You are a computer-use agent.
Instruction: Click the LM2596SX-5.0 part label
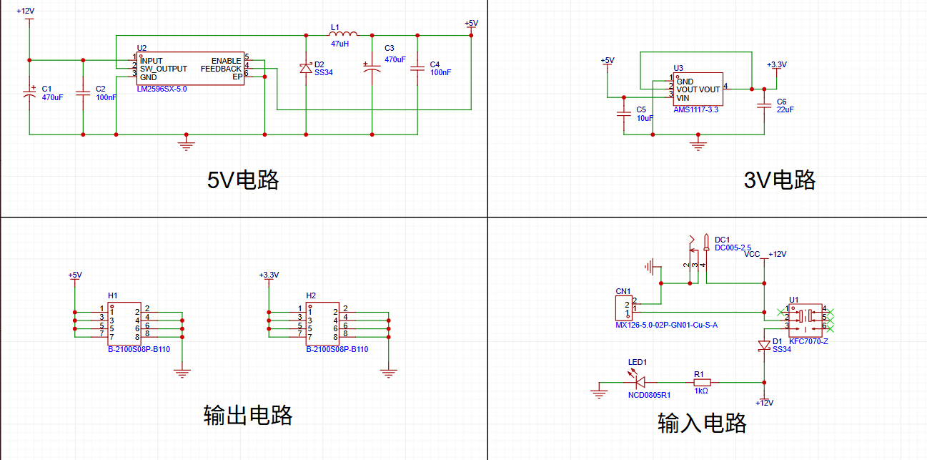162,89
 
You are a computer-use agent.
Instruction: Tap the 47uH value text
339,44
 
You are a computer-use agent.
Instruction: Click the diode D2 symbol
306,68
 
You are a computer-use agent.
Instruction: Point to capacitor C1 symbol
29,92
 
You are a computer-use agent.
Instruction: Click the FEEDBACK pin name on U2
221,69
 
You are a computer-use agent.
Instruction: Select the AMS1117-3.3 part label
695,110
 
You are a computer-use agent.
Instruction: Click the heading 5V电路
243,180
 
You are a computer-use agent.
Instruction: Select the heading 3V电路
779,180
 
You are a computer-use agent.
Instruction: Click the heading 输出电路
248,415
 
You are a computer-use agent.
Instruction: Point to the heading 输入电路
702,423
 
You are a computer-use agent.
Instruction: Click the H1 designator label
112,295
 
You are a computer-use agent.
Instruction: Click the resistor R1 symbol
700,383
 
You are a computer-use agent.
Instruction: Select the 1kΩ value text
700,391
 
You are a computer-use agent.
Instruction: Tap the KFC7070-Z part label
808,342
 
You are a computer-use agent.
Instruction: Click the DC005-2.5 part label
733,248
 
